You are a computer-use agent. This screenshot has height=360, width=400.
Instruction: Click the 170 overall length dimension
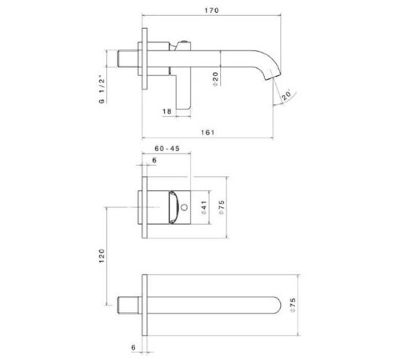212,10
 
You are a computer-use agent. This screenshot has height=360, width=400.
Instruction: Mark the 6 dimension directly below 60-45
153,162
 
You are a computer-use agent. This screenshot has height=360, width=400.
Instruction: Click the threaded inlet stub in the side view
127,60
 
